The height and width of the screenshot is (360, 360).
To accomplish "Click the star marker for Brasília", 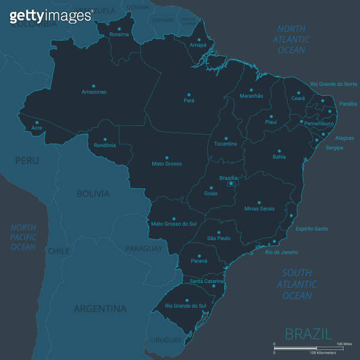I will [x=231, y=184].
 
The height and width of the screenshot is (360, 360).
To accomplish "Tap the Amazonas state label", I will [x=94, y=92].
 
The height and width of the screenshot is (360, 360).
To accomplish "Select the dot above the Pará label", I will [x=189, y=94].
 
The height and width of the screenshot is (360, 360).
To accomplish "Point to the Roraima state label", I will [x=119, y=34].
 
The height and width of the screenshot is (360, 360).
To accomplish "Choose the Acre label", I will [x=36, y=128].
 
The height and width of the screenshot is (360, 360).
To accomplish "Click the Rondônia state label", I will [x=105, y=145].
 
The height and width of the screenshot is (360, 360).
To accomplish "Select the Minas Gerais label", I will [x=259, y=209].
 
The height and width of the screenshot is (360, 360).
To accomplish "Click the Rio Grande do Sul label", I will [x=186, y=305].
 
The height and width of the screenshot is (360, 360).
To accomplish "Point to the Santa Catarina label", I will [x=206, y=281].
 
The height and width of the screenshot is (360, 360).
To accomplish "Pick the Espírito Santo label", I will [x=312, y=228].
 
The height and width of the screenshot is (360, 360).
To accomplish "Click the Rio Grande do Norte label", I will [x=334, y=84].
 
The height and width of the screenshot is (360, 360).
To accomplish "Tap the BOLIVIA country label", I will [x=93, y=194].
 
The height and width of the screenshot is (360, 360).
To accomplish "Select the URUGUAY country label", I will [x=166, y=340].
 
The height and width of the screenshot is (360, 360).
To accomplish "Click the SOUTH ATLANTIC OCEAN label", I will [x=297, y=284].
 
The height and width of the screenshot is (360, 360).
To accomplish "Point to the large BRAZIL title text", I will [x=308, y=334].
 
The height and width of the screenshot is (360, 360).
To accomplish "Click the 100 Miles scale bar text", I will [x=344, y=343].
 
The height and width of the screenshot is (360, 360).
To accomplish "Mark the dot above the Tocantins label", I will [x=226, y=136].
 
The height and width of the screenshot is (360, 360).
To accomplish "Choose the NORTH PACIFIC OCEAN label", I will [x=24, y=237].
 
